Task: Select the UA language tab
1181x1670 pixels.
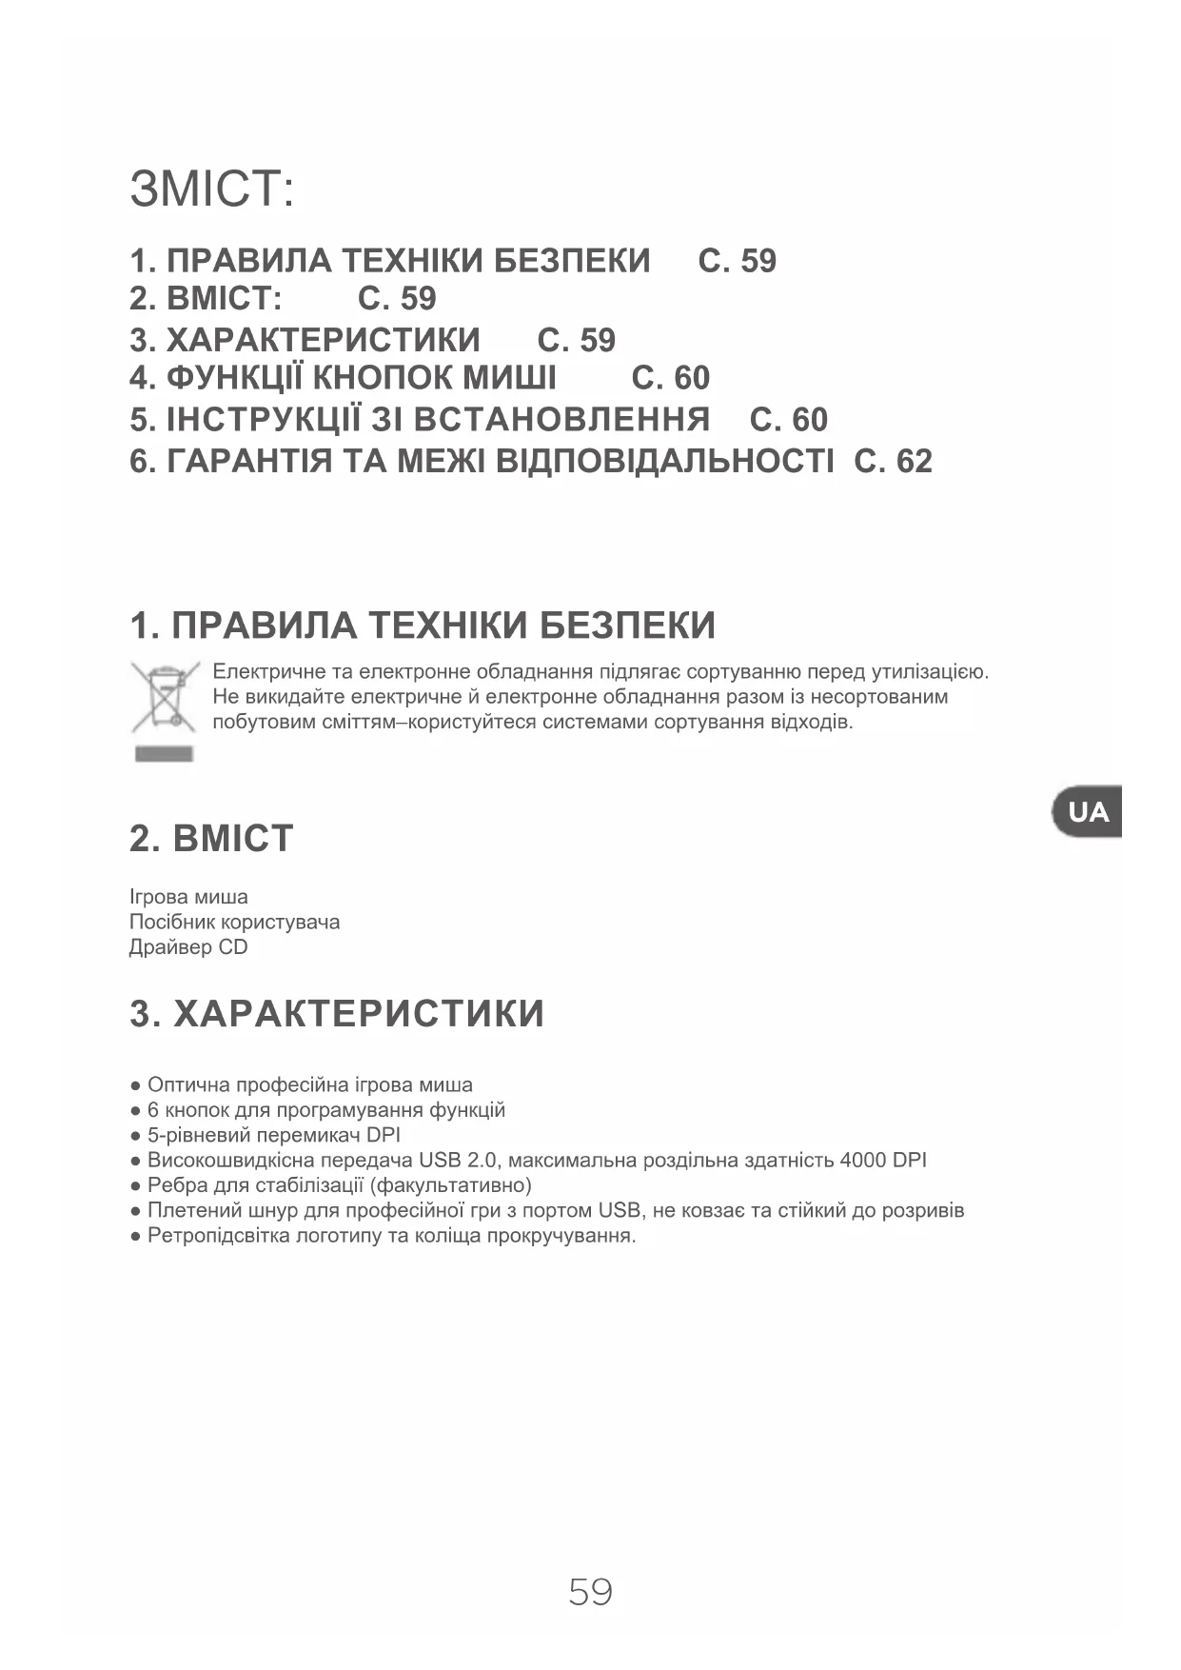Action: [x=1088, y=812]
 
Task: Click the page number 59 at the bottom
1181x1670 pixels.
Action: [x=590, y=1592]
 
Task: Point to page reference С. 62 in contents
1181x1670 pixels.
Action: [x=893, y=462]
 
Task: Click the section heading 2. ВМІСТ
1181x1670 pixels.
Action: [x=211, y=839]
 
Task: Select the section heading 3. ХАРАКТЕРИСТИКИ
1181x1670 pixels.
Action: [x=337, y=1014]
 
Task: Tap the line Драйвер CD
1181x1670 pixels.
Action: [x=188, y=947]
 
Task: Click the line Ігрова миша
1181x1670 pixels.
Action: [x=188, y=897]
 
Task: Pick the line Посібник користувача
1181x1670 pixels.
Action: [x=234, y=922]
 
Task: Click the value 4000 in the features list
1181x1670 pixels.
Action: [x=862, y=1161]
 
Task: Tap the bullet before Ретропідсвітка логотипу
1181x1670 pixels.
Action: [x=136, y=1237]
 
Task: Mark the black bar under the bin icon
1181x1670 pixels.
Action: [x=164, y=754]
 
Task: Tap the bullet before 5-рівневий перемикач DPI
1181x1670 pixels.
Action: [x=136, y=1136]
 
